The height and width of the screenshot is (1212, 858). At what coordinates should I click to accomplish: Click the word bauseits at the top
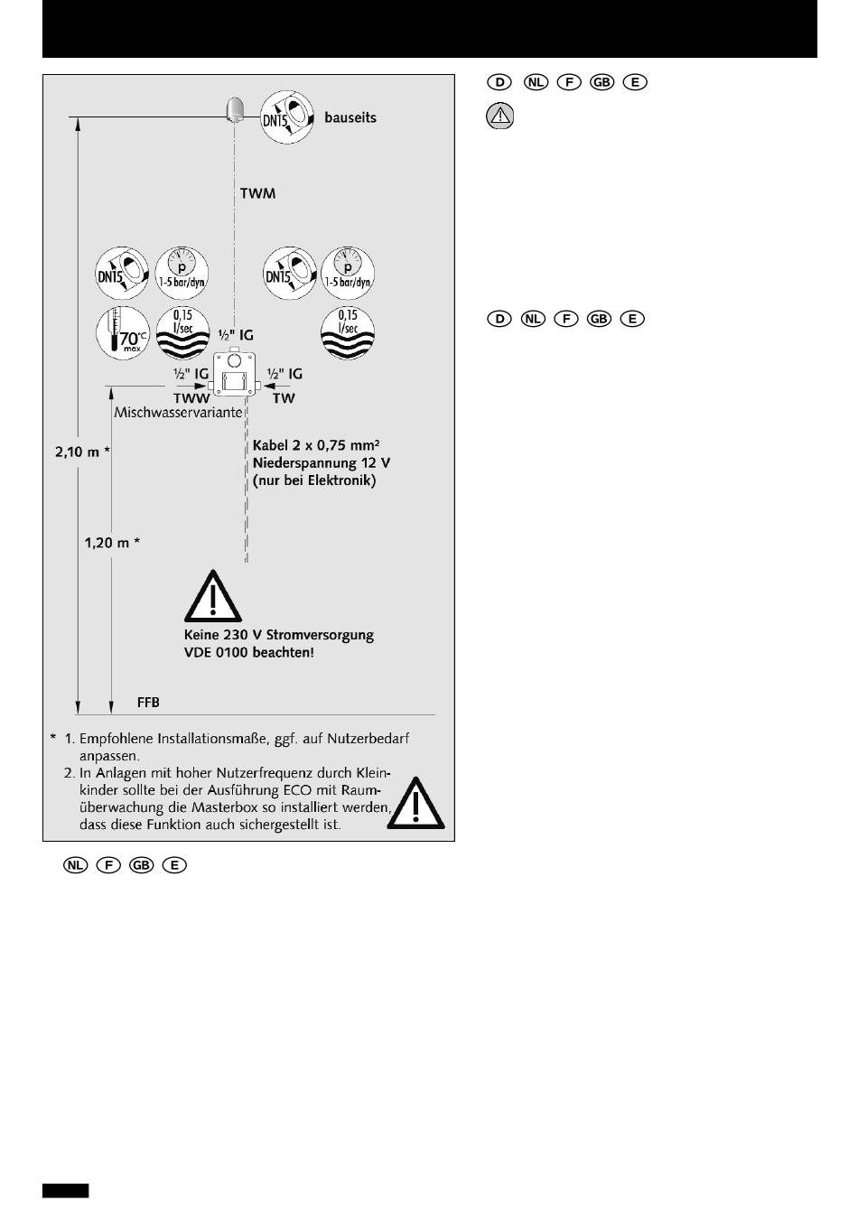tap(350, 117)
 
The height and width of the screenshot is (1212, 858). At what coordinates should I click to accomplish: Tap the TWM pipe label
tap(258, 193)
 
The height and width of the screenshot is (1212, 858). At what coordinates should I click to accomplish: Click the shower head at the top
tap(235, 109)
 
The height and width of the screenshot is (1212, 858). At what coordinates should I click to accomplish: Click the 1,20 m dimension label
tap(112, 543)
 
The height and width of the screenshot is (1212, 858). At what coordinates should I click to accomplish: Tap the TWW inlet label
tap(191, 397)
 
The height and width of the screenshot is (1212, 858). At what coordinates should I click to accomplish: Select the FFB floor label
tap(148, 702)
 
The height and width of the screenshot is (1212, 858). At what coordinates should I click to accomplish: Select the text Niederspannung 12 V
tap(322, 462)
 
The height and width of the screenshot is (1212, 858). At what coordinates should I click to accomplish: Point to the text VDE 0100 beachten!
tap(249, 652)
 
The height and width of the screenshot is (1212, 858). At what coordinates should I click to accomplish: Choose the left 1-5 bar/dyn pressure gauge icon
tap(182, 272)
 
